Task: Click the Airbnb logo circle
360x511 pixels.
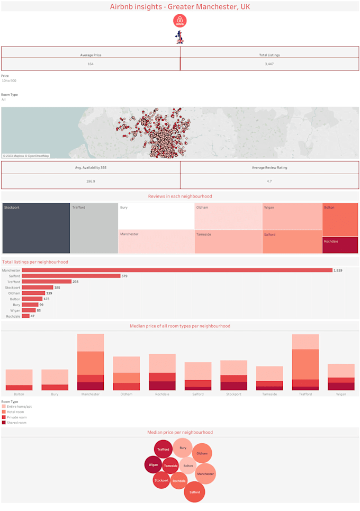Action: pyautogui.click(x=180, y=21)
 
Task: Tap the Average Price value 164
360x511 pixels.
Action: pyautogui.click(x=91, y=64)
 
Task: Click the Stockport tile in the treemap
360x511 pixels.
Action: pyautogui.click(x=36, y=228)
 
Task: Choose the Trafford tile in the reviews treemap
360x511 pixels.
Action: pyautogui.click(x=94, y=228)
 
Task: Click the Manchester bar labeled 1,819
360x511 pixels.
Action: pyautogui.click(x=177, y=270)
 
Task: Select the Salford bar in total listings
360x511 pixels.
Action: pyautogui.click(x=71, y=276)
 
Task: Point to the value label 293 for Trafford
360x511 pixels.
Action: pyautogui.click(x=76, y=282)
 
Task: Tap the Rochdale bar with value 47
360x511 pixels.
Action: pyautogui.click(x=25, y=316)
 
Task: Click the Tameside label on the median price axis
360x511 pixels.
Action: pyautogui.click(x=269, y=394)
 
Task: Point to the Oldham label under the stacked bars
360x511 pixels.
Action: pyautogui.click(x=126, y=394)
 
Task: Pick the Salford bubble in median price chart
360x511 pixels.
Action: pyautogui.click(x=194, y=492)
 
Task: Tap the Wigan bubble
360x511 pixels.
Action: pyautogui.click(x=153, y=465)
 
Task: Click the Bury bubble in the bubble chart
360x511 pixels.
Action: pyautogui.click(x=183, y=448)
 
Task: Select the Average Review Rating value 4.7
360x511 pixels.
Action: pyautogui.click(x=269, y=182)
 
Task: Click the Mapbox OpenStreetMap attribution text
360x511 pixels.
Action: pyautogui.click(x=26, y=156)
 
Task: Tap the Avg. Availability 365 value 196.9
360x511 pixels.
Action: pyautogui.click(x=91, y=182)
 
